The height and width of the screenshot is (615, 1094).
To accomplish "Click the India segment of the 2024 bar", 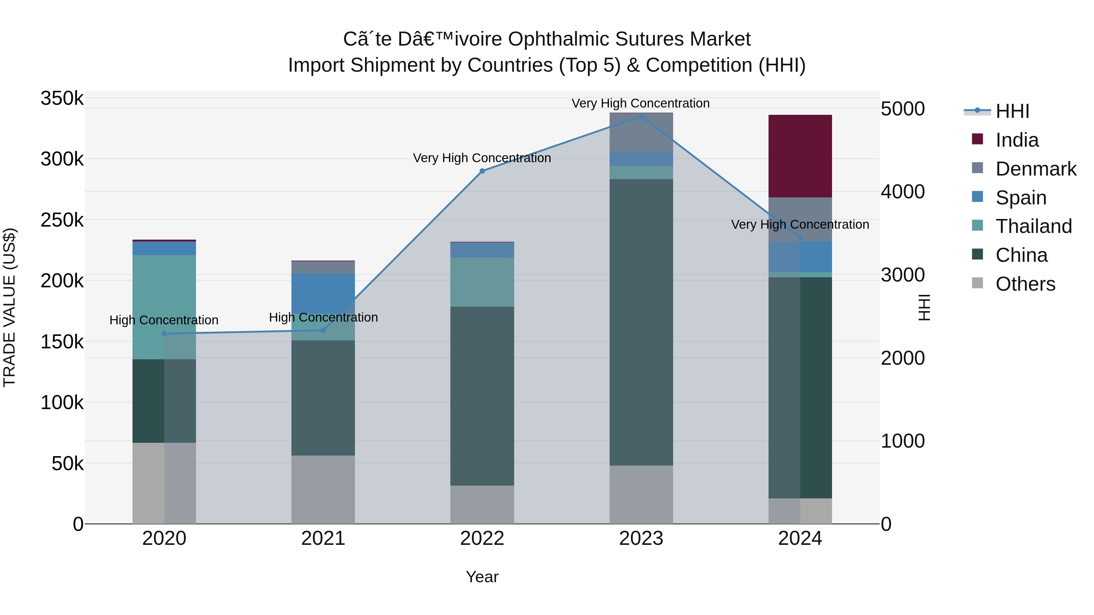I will click(800, 156).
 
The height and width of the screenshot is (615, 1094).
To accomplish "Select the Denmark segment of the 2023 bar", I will click(641, 132).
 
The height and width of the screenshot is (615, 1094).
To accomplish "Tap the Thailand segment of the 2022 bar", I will click(482, 282).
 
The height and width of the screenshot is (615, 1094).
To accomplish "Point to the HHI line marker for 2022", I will click(482, 171).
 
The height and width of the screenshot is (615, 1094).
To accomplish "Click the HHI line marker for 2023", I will click(641, 116).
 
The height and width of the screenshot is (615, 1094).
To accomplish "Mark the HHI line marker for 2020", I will click(164, 333).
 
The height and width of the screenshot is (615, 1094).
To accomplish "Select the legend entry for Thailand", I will click(1033, 226).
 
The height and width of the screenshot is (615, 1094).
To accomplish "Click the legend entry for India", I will click(1017, 140).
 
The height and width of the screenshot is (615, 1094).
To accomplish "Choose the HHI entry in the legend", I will click(1012, 111).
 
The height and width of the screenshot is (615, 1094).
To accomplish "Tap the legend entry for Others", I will click(1025, 284).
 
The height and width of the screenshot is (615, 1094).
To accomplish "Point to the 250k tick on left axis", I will click(62, 220).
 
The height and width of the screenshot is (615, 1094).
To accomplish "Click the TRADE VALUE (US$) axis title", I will click(9, 307).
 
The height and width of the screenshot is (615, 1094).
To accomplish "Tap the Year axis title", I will click(482, 577).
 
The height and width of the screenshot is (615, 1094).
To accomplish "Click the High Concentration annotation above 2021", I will click(323, 317).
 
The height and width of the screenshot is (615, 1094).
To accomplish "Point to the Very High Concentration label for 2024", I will click(800, 224).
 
